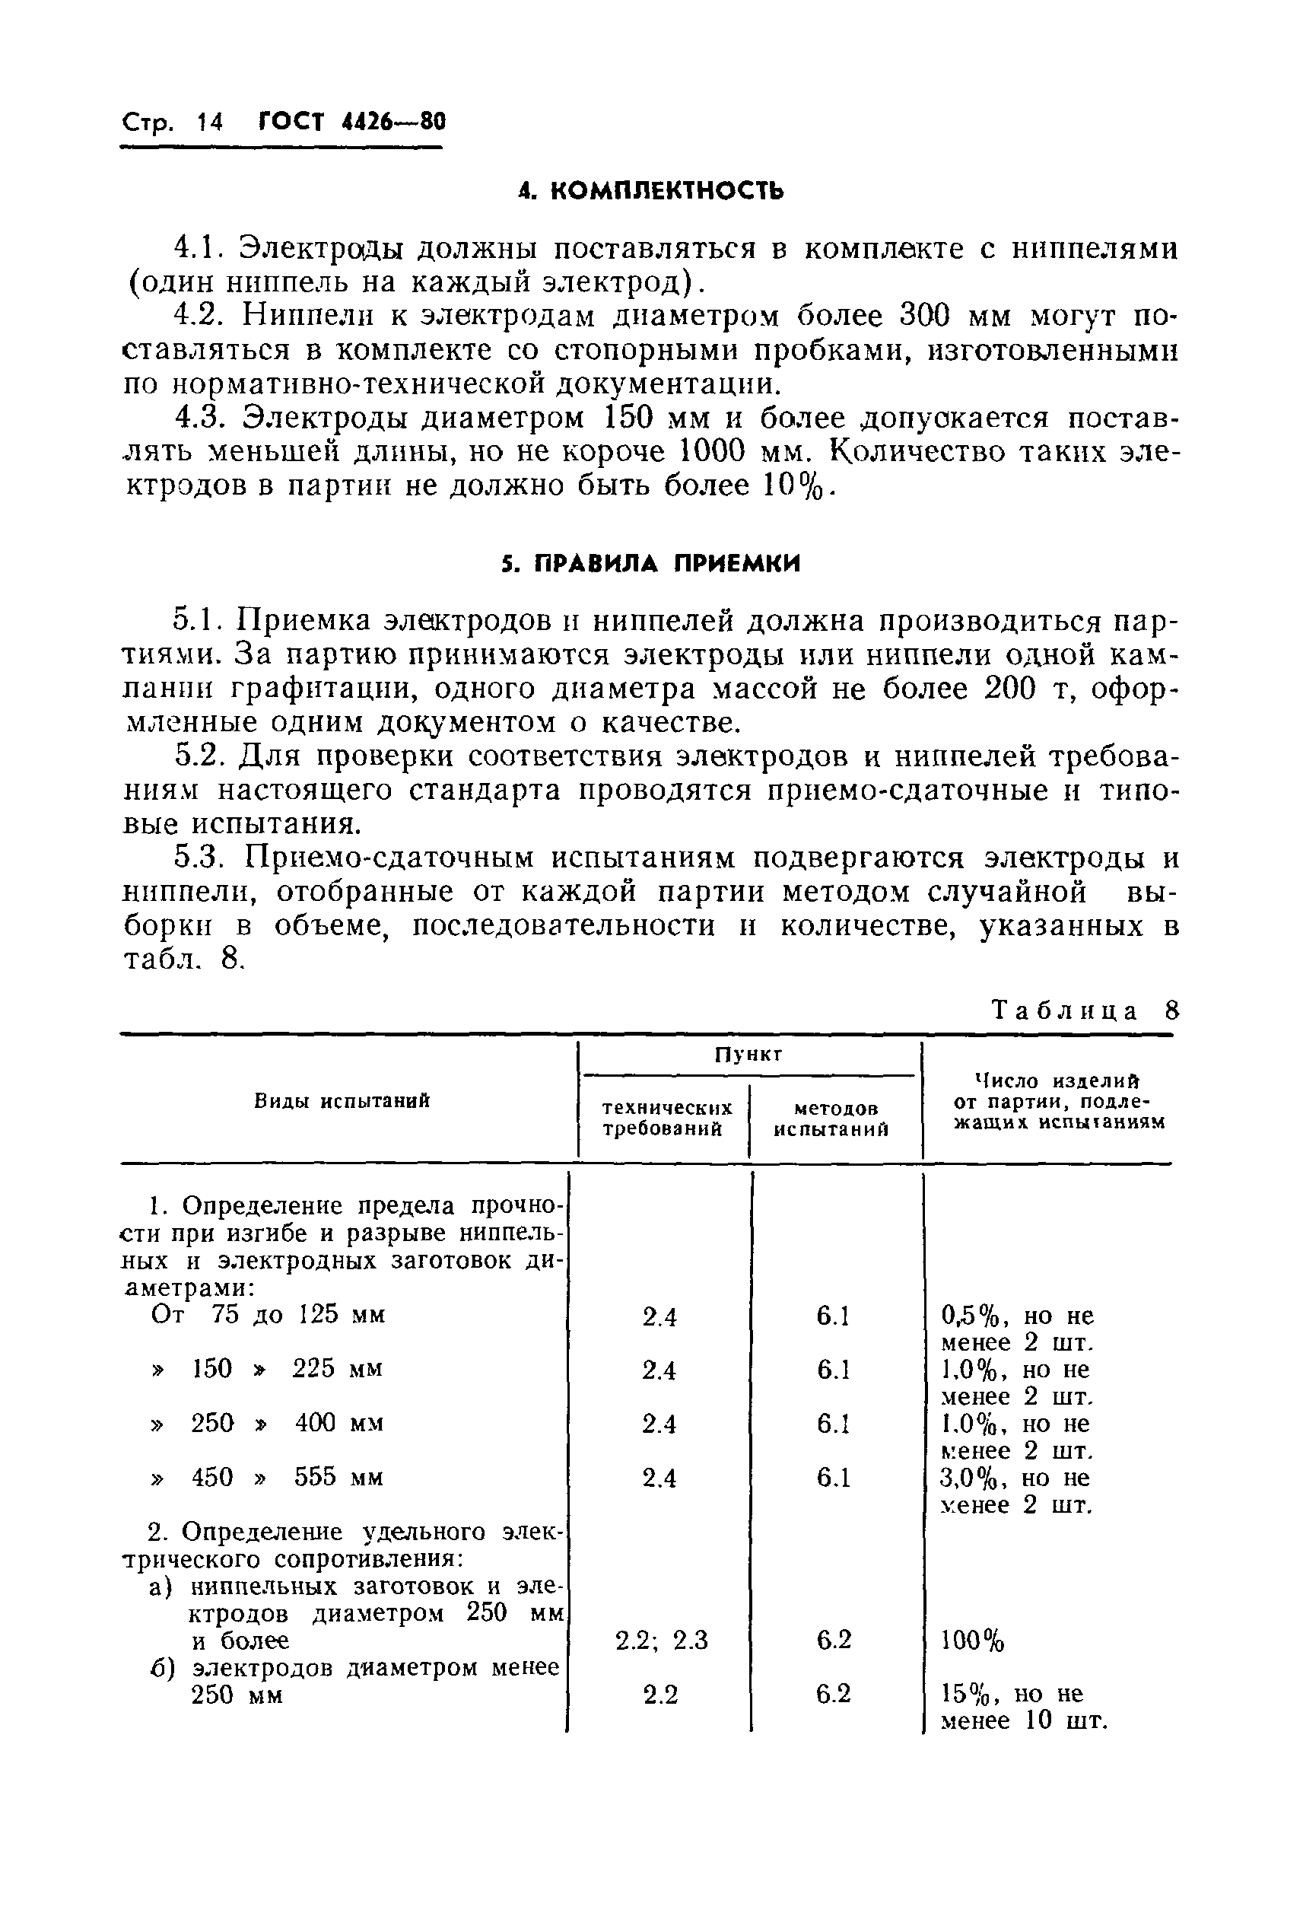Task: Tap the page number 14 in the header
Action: pyautogui.click(x=209, y=123)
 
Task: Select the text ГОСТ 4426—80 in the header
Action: pyautogui.click(x=352, y=123)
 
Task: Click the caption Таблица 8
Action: pyautogui.click(x=1086, y=1011)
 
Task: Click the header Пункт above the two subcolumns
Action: pyautogui.click(x=748, y=1055)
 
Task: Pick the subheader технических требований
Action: pyautogui.click(x=667, y=1118)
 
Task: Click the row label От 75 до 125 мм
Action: pyautogui.click(x=269, y=1314)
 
